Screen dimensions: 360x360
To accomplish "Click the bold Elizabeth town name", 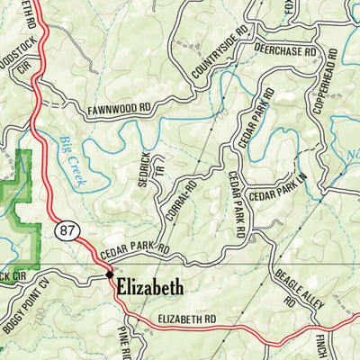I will (149, 289).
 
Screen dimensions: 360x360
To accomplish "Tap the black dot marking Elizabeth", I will (109, 274).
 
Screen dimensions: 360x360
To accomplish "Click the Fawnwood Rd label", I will (119, 109).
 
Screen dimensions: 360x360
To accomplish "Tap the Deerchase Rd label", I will (284, 52).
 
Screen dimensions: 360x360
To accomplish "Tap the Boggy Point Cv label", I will (27, 311).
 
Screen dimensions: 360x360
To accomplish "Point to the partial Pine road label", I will (123, 345).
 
